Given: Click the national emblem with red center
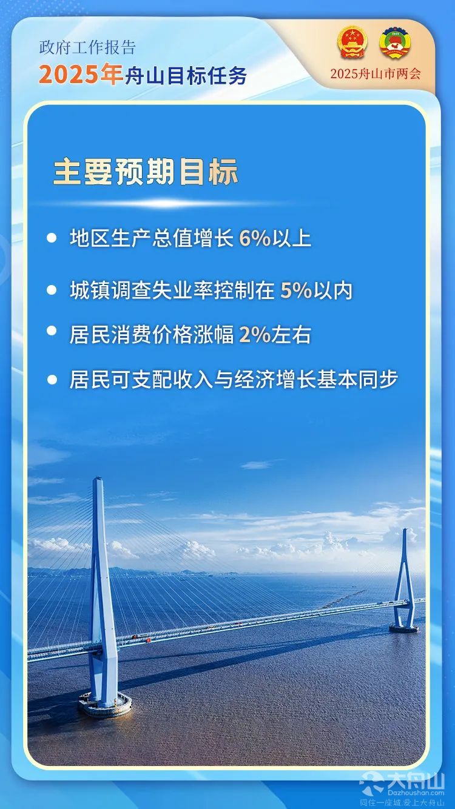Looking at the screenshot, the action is [x=352, y=42].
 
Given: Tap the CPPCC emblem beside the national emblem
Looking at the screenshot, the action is [x=395, y=42].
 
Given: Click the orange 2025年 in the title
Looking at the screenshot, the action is [x=81, y=75].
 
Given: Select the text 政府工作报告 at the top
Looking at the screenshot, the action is [x=87, y=48].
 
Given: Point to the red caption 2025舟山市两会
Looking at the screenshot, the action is [x=376, y=73].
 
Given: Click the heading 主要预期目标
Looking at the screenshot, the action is [x=146, y=171].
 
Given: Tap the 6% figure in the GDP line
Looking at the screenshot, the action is [x=255, y=238].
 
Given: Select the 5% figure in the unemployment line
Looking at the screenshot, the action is [x=296, y=290].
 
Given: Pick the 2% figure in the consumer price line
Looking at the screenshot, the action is [x=255, y=334].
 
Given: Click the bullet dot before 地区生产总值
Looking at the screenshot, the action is [x=52, y=238].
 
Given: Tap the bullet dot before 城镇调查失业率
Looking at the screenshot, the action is [x=52, y=290].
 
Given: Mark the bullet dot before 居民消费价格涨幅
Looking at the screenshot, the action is [x=52, y=331].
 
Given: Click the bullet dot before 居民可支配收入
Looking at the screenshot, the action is [x=52, y=380].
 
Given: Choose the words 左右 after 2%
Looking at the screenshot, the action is [x=291, y=334].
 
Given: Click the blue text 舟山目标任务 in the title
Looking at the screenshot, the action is [x=186, y=76].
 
